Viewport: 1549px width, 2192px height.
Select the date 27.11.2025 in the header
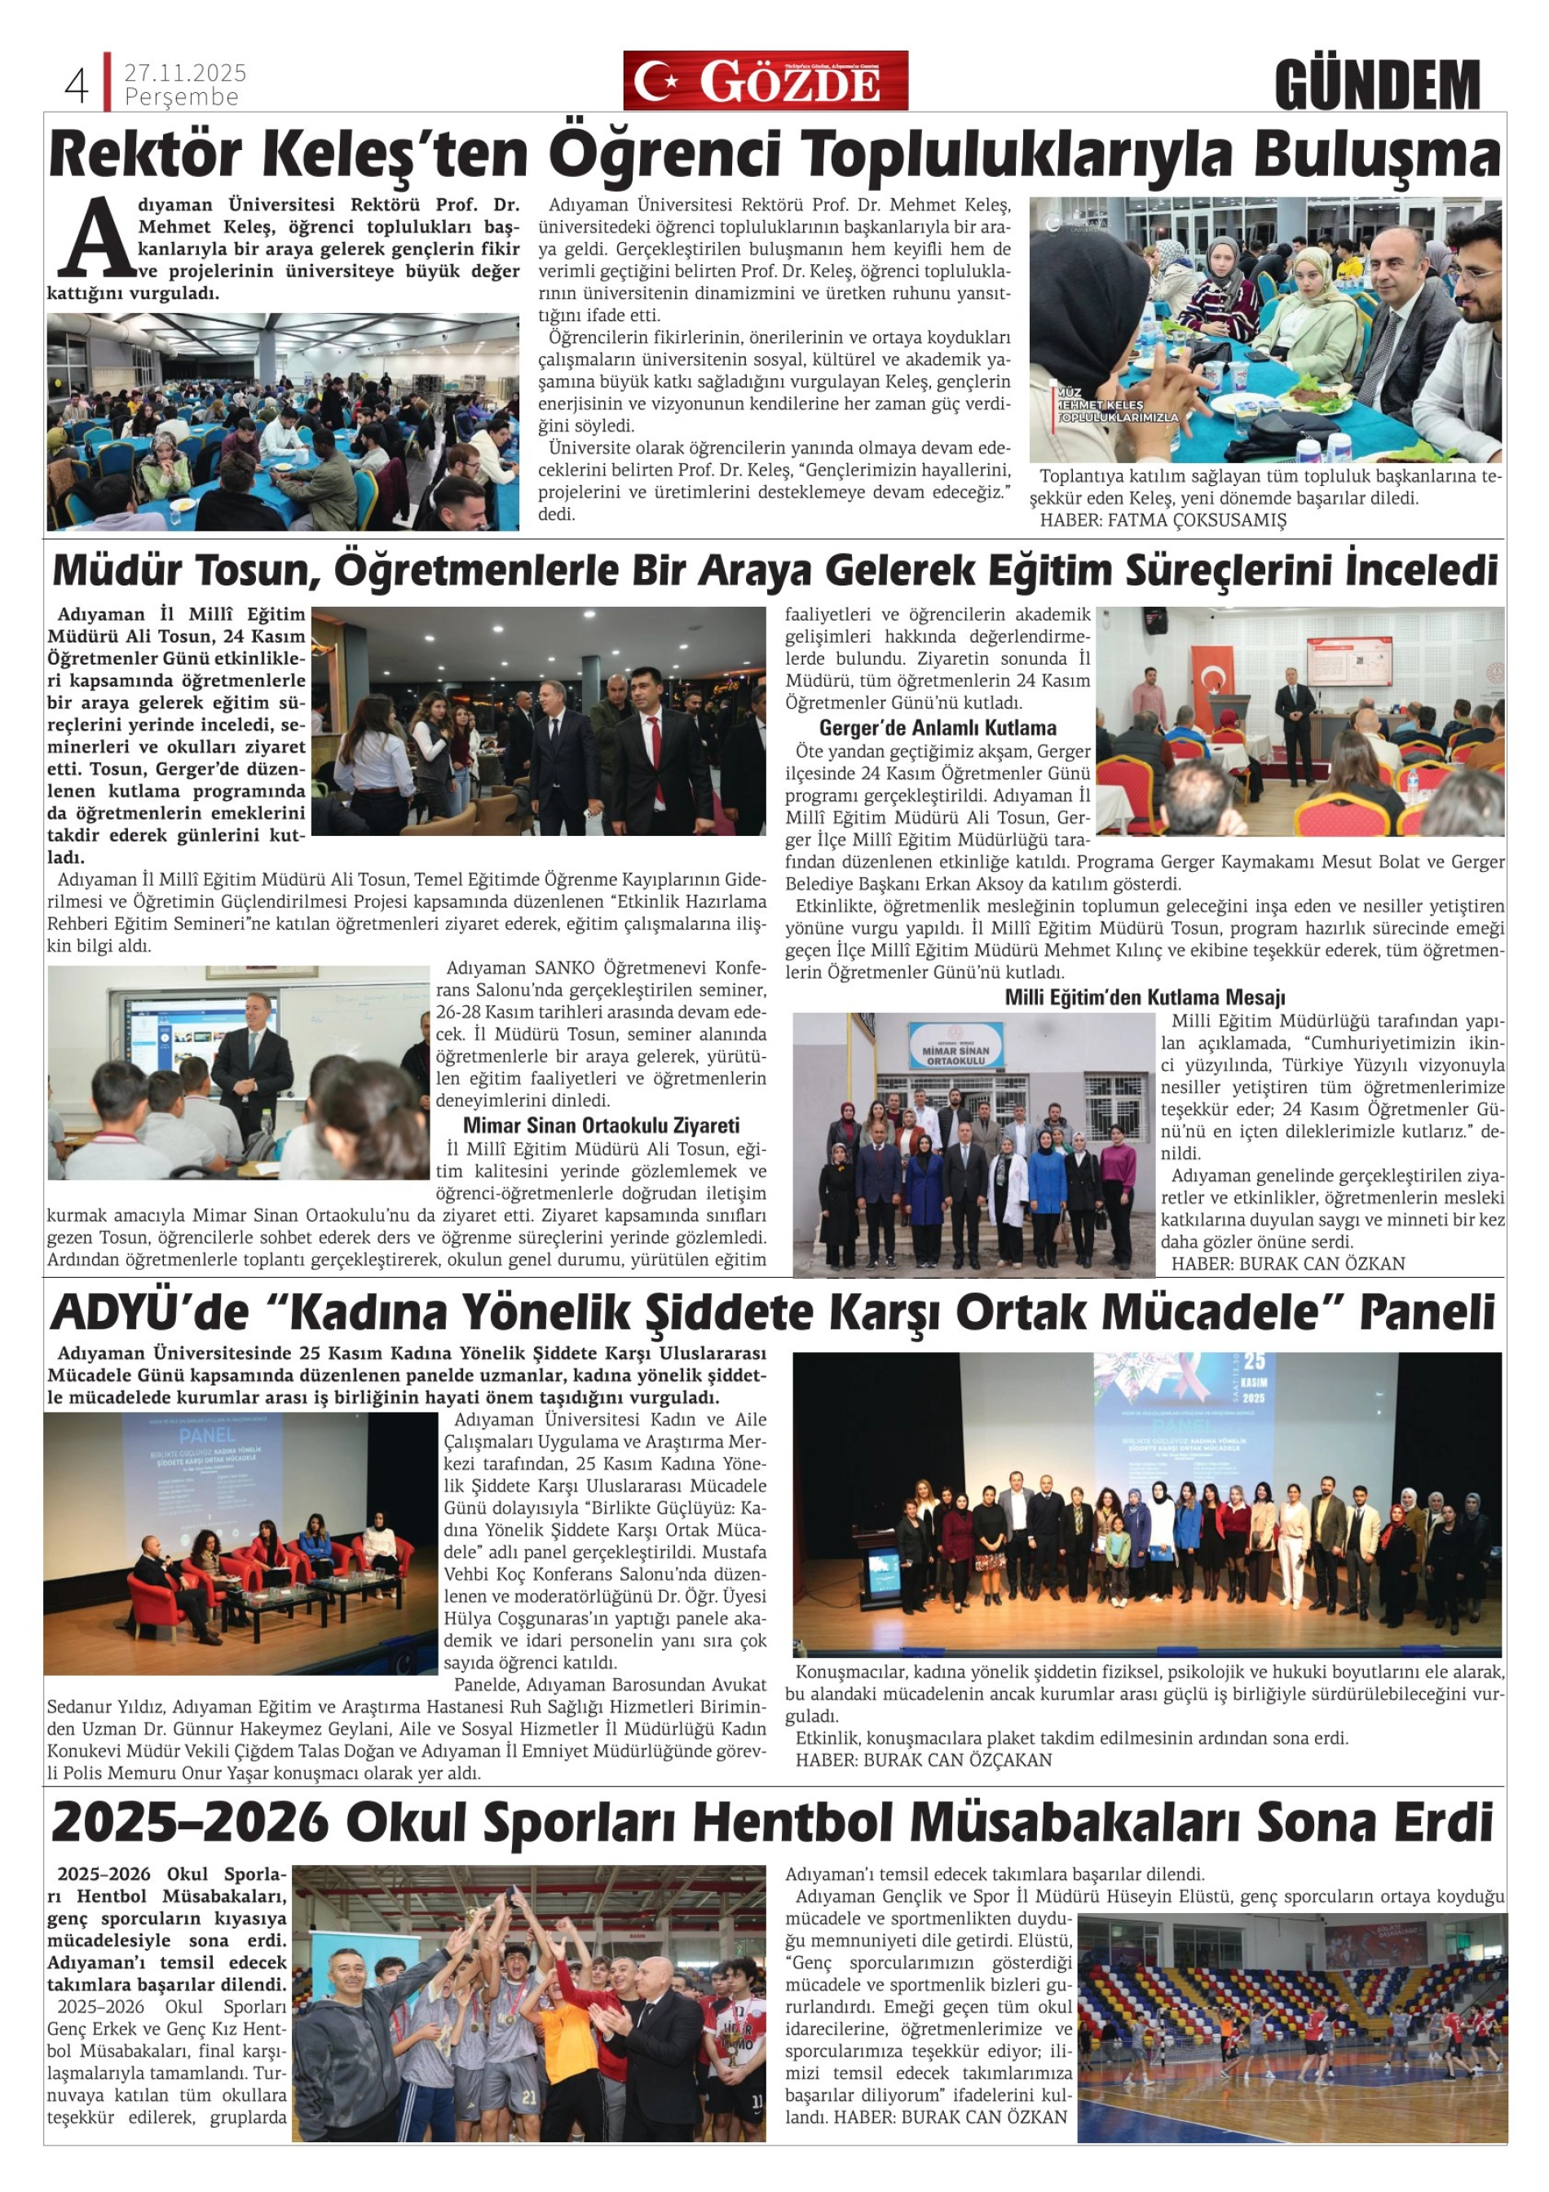pos(185,73)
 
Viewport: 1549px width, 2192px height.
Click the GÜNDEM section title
pos(1376,85)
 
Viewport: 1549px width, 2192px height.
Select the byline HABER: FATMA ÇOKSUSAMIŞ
pos(1163,520)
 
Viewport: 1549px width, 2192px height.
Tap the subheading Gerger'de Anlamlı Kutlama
pos(938,727)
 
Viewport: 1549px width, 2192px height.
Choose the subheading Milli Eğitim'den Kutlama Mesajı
pos(1145,997)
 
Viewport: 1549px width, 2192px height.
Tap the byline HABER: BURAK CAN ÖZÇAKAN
pos(924,1760)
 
